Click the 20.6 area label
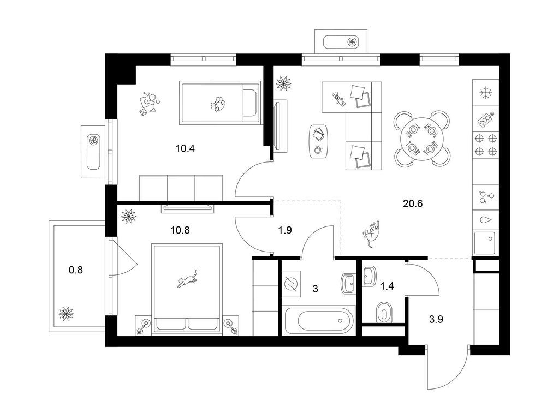click(x=413, y=204)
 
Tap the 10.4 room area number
click(x=185, y=148)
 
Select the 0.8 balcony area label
click(x=75, y=270)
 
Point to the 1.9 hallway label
click(x=285, y=230)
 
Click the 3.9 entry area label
click(x=436, y=319)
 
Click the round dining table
click(x=422, y=138)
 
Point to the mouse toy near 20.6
click(x=371, y=234)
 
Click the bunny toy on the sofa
click(x=339, y=99)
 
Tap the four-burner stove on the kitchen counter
click(x=485, y=145)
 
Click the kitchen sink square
click(x=485, y=243)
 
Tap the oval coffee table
click(x=319, y=141)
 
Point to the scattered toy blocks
click(x=149, y=104)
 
